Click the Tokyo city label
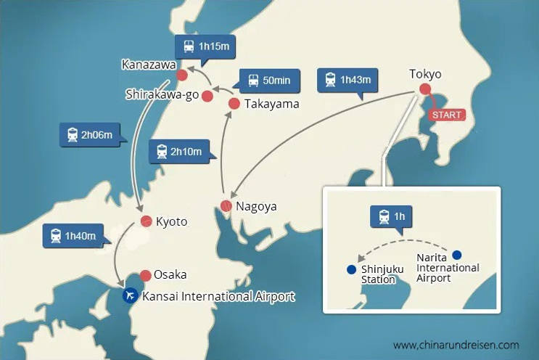click(x=425, y=74)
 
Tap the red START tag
click(x=445, y=115)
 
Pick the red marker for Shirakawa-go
click(x=207, y=96)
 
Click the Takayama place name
click(x=271, y=105)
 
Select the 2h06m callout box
click(x=89, y=135)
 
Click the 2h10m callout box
click(x=178, y=152)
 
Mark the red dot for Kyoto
click(x=145, y=221)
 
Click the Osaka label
click(x=170, y=274)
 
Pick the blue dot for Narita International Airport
click(x=456, y=255)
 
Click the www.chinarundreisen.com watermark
click(x=456, y=345)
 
